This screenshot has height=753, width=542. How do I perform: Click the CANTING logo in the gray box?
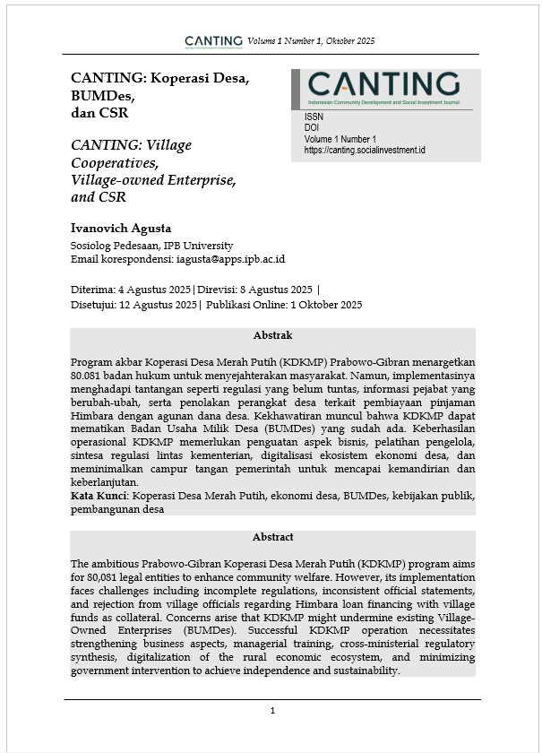tap(384, 86)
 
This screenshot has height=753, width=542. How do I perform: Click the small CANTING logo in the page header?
tap(213, 40)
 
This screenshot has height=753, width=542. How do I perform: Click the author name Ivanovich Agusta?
tap(120, 228)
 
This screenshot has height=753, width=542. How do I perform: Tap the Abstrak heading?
tap(272, 334)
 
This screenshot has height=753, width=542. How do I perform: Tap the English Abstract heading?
tap(272, 537)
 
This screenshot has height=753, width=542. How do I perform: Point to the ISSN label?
tap(314, 117)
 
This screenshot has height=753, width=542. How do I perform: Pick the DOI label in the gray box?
tap(312, 128)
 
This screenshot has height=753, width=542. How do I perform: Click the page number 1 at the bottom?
tap(272, 711)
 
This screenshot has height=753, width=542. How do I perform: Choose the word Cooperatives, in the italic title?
tap(114, 162)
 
